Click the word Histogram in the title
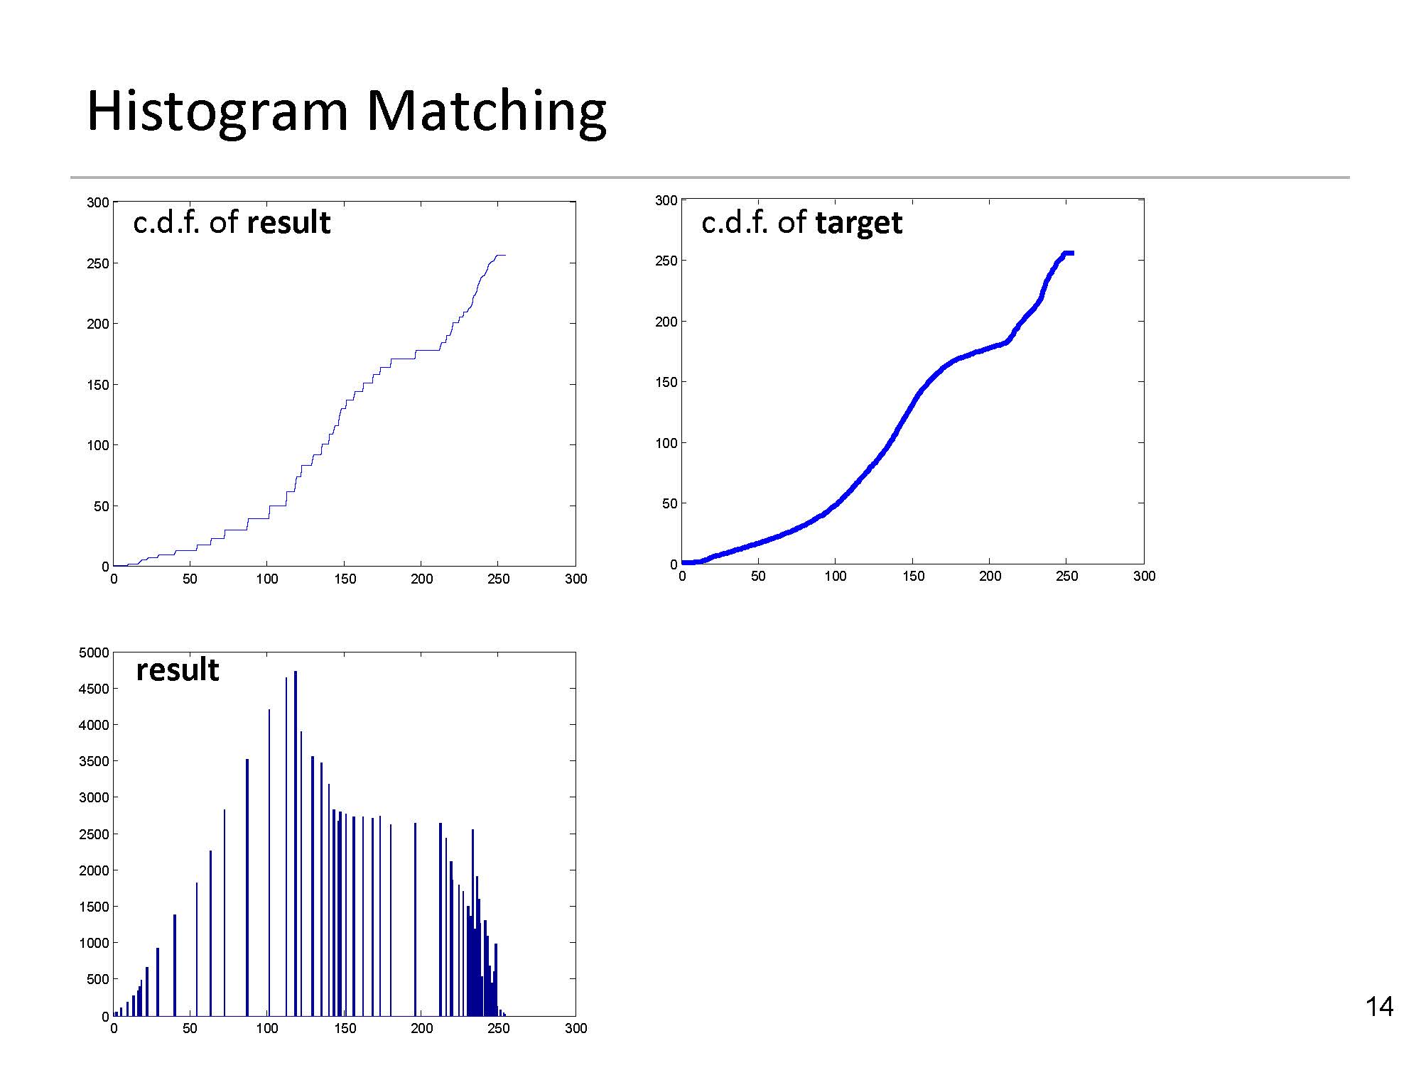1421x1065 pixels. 217,112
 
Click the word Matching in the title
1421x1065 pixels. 486,112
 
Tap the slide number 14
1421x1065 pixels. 1379,1007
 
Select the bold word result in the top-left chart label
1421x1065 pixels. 288,223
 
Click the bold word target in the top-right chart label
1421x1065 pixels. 858,223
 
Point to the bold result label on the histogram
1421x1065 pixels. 178,670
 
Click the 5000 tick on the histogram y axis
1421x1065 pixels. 94,652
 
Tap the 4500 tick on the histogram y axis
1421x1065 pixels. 94,689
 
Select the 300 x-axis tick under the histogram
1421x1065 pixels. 576,1028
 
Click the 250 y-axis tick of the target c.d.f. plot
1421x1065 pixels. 666,261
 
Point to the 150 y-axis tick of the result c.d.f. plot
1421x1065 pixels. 98,385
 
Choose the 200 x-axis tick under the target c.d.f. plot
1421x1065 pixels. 990,576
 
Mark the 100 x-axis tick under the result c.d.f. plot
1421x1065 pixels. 267,579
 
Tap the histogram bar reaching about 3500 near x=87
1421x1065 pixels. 247,887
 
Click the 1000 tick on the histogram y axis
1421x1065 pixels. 94,943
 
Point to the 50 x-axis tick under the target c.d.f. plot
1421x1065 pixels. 758,576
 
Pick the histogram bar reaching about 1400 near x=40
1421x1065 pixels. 175,966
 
